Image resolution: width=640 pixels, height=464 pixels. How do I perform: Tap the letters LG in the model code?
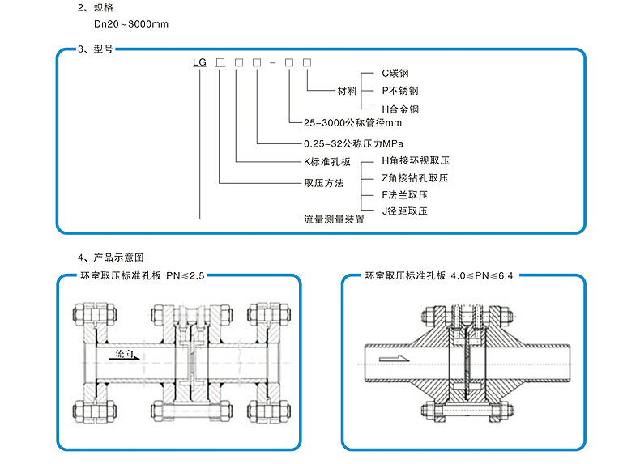coord(198,62)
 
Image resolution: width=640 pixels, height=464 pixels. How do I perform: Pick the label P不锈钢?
coord(400,91)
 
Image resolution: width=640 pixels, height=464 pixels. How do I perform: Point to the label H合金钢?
coord(400,109)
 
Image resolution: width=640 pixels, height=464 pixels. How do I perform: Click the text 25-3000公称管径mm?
coord(352,124)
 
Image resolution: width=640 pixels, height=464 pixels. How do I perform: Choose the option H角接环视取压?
coord(415,161)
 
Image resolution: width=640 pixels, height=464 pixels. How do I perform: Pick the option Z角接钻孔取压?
coord(415,178)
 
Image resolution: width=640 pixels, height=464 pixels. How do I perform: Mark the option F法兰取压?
coord(404,195)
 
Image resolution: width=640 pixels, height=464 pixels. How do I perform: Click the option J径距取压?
coord(404,211)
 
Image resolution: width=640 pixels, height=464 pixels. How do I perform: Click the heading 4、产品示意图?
coord(111,258)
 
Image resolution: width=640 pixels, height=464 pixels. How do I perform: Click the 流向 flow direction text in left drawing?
coord(125,354)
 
